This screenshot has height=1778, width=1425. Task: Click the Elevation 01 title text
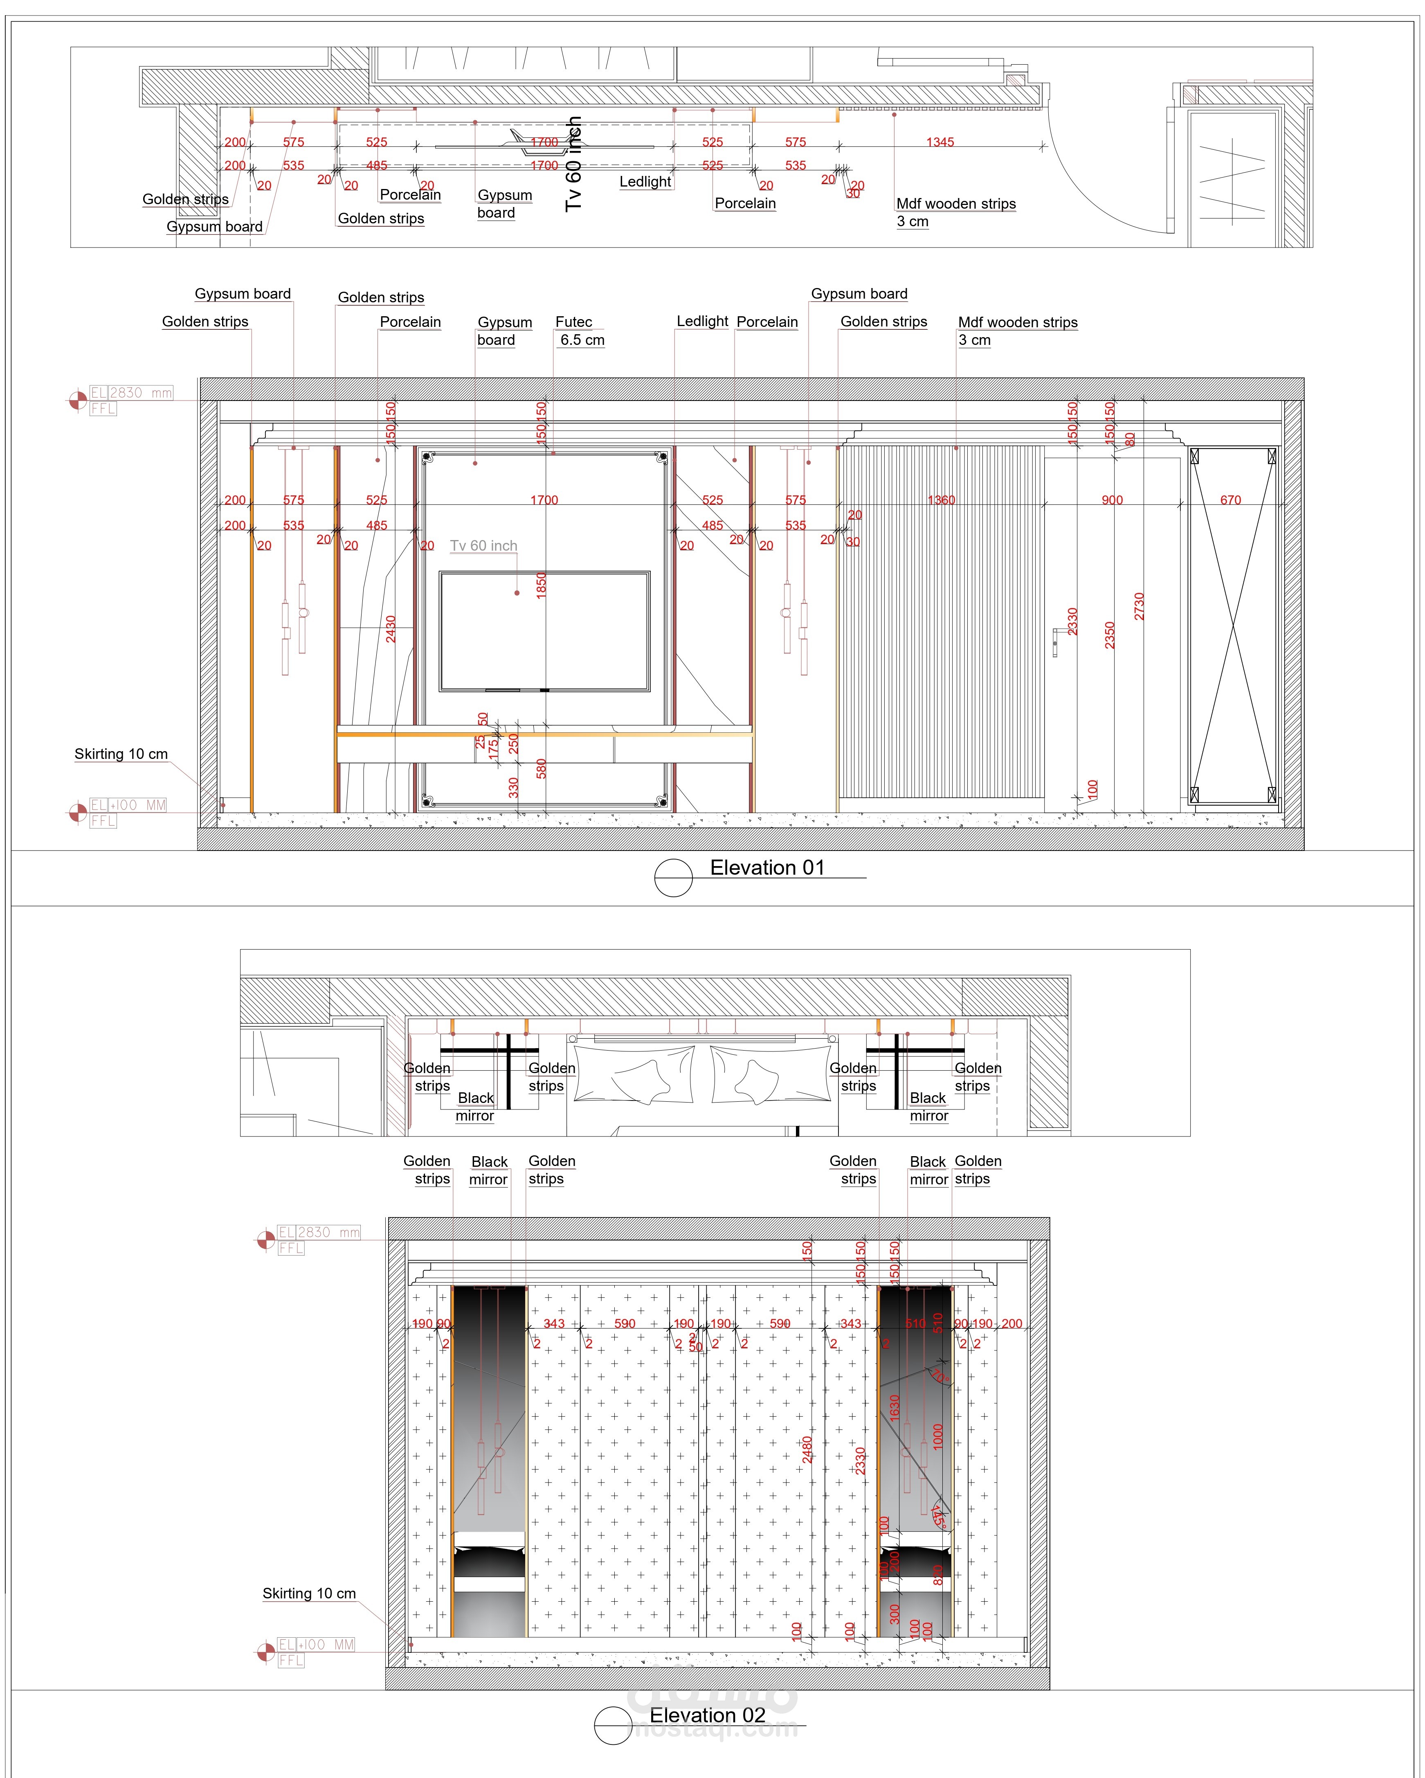click(767, 868)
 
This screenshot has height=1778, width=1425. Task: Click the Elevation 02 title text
click(707, 1715)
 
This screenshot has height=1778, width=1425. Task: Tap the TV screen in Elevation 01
click(544, 631)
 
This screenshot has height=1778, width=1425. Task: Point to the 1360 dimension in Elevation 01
click(941, 500)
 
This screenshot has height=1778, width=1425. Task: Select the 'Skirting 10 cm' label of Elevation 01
click(121, 754)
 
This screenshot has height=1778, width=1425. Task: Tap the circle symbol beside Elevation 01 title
click(673, 878)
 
